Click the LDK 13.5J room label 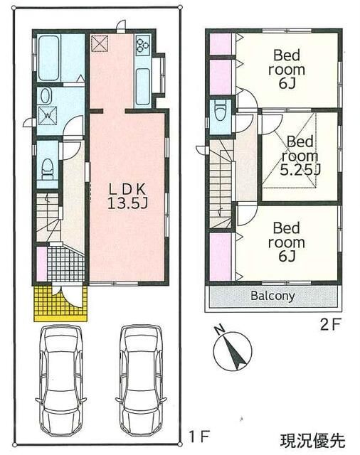[x=127, y=196]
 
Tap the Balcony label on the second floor [x=272, y=296]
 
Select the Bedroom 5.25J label [x=300, y=156]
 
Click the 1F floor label [x=199, y=436]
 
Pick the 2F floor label [x=330, y=324]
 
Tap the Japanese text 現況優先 [x=312, y=441]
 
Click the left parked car [x=61, y=380]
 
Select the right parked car [x=142, y=380]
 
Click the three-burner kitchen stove [x=143, y=45]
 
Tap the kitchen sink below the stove [x=143, y=87]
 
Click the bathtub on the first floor [x=49, y=58]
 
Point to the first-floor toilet [x=47, y=169]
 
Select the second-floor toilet [x=220, y=109]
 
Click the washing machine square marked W [x=48, y=116]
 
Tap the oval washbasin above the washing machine [x=46, y=96]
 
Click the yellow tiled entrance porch [x=60, y=304]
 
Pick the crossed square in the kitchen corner [x=100, y=43]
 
